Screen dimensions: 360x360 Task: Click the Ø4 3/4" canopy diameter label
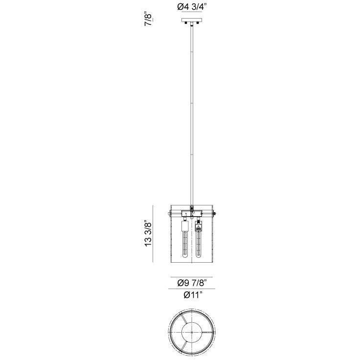[x=192, y=7]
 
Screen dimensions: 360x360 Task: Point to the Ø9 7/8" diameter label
[x=192, y=283]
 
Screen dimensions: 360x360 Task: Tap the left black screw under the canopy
[x=186, y=24]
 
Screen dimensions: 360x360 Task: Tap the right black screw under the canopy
[x=198, y=24]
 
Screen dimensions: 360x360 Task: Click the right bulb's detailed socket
[x=199, y=226]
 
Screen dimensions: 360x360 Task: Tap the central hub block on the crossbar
[x=192, y=213]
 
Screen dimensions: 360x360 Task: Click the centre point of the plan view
[x=192, y=332]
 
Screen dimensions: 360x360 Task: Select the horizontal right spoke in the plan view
[x=208, y=332]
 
